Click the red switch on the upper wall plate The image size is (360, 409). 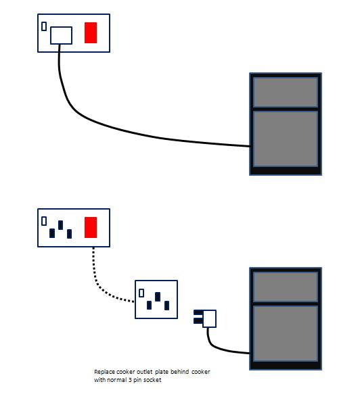(91, 32)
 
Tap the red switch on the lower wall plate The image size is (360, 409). (91, 227)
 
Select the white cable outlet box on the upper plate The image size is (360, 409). (61, 35)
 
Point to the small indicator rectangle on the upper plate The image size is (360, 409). (44, 26)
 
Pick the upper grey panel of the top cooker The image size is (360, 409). (286, 92)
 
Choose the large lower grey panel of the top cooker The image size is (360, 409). (286, 139)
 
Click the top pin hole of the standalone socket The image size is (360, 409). (158, 297)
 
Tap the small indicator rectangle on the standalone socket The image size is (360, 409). (141, 293)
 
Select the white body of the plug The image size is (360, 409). (209, 318)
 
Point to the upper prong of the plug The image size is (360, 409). (198, 312)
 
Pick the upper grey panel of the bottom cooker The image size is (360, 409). (286, 287)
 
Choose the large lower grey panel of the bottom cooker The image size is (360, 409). (286, 333)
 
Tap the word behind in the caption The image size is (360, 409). (180, 371)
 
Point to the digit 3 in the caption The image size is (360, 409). (130, 380)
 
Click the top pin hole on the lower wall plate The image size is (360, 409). (61, 225)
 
